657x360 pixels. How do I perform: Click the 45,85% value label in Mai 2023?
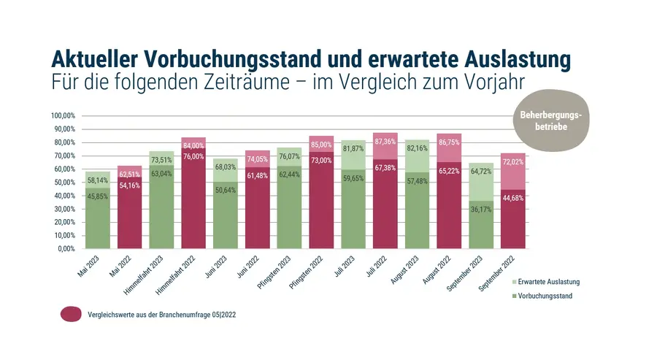coord(99,196)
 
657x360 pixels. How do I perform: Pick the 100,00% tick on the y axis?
coord(64,116)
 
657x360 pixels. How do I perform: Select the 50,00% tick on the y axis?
coord(65,183)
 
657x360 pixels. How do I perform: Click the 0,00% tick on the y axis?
coord(67,249)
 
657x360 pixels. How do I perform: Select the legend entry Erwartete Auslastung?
coord(550,282)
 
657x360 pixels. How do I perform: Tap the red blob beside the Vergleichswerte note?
coord(71,314)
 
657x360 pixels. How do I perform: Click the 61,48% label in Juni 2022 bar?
coord(258,196)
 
